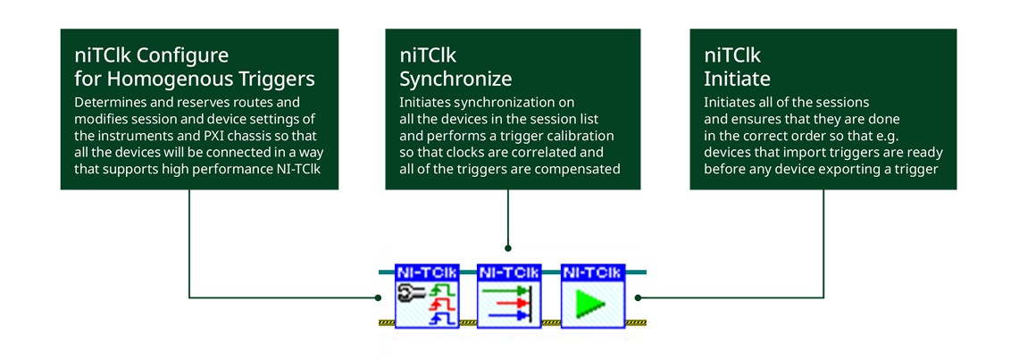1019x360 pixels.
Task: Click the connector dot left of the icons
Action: tap(378, 297)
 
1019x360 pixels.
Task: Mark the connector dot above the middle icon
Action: tap(507, 247)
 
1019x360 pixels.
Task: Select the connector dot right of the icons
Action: tap(638, 297)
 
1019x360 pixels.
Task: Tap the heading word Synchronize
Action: tap(455, 80)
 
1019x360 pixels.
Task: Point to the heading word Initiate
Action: tap(738, 80)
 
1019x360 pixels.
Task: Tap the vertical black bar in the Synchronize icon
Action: tap(531, 303)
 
